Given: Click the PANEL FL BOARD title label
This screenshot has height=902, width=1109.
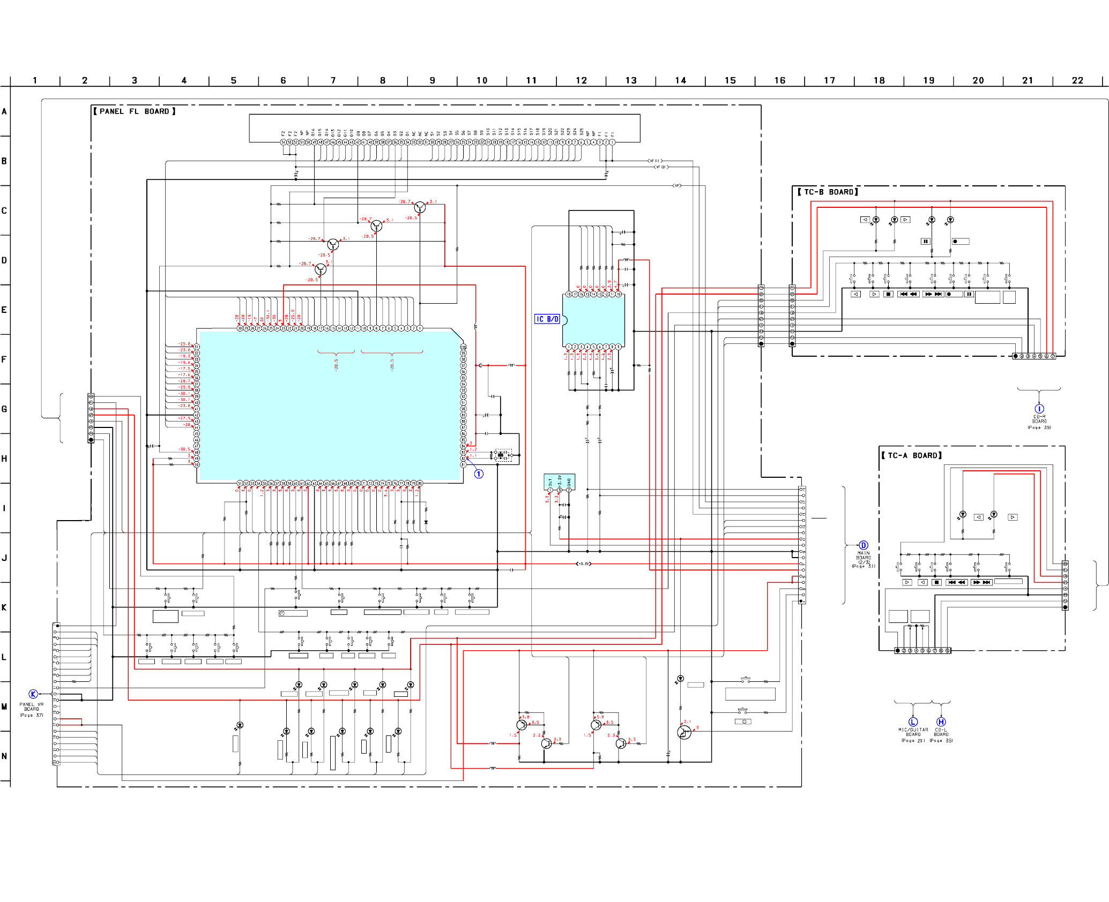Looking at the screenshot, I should tap(134, 111).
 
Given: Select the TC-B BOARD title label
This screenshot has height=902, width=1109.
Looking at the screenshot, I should tap(828, 192).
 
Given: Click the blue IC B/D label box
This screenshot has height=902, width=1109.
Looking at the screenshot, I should tap(547, 319).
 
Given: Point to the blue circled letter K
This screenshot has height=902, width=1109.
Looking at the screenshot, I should tap(33, 694).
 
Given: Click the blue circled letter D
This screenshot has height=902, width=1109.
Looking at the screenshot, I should tap(863, 545).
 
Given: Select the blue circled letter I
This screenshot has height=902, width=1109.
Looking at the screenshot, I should tap(1039, 409).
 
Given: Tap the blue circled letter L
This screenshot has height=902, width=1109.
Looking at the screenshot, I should tap(913, 722).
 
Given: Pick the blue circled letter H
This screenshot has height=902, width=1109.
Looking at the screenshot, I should tap(941, 722).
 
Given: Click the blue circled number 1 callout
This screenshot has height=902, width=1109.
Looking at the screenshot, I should tap(479, 473).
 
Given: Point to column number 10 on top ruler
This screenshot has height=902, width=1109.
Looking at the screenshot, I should tap(482, 80).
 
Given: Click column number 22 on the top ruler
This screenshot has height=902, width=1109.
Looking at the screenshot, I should tap(1077, 80).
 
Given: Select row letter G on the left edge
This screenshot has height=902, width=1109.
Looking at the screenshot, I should tap(4, 409).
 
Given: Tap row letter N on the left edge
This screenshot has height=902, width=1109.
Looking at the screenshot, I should tap(4, 756).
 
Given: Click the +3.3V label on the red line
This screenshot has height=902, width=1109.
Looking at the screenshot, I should tap(583, 563).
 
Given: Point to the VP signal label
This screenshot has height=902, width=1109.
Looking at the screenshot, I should tap(677, 185).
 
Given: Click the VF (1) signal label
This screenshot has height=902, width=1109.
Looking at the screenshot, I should tap(654, 161).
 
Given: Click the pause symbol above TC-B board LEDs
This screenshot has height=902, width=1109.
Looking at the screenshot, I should tap(925, 241).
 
